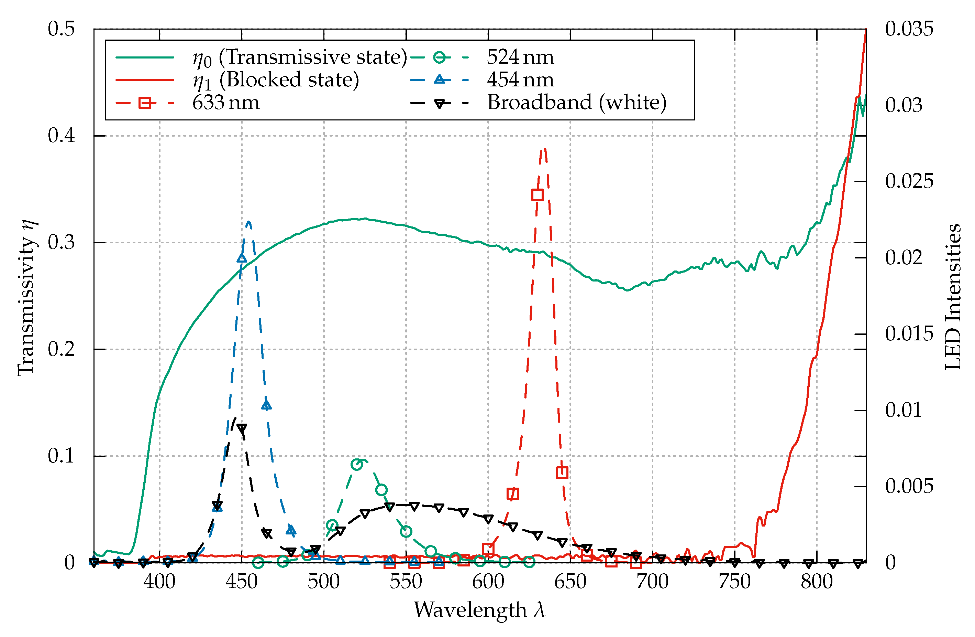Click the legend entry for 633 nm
[x=226, y=103]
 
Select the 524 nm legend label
[x=520, y=57]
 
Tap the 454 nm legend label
[x=520, y=79]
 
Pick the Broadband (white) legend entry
[x=576, y=103]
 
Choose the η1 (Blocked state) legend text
[x=276, y=80]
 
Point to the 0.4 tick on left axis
[x=62, y=136]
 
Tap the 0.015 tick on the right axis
[x=909, y=334]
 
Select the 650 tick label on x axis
[x=570, y=582]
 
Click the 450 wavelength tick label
[x=242, y=582]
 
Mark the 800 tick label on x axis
[x=817, y=582]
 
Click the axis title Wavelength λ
[x=480, y=609]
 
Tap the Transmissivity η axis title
[x=26, y=297]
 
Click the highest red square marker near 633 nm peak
[x=538, y=195]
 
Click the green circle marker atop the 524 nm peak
[x=357, y=464]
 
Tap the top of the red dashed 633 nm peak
[x=544, y=149]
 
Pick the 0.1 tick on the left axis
[x=62, y=456]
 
